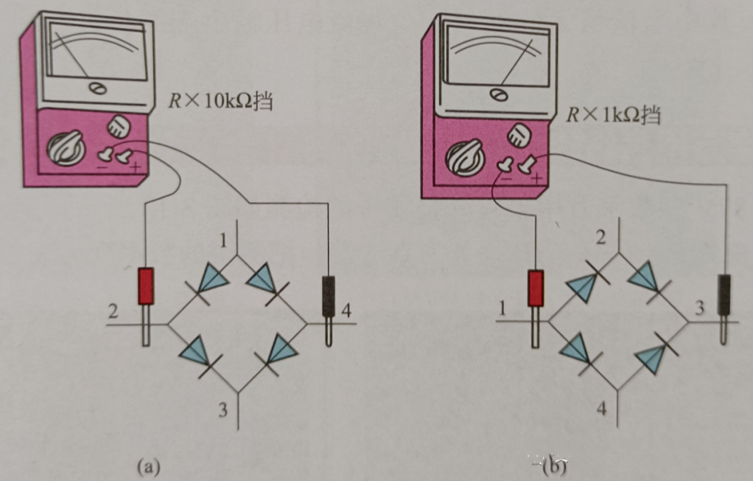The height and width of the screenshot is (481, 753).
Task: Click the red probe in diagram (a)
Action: tap(147, 286)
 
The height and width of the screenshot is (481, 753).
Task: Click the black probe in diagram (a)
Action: tap(329, 294)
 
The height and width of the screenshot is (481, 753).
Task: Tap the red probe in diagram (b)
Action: tap(536, 288)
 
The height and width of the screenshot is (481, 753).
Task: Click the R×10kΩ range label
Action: tap(220, 100)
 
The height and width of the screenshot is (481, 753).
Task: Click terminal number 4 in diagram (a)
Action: tap(346, 311)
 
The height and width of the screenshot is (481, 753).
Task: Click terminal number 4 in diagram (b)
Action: tap(602, 408)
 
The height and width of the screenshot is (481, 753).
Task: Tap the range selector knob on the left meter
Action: tap(66, 148)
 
